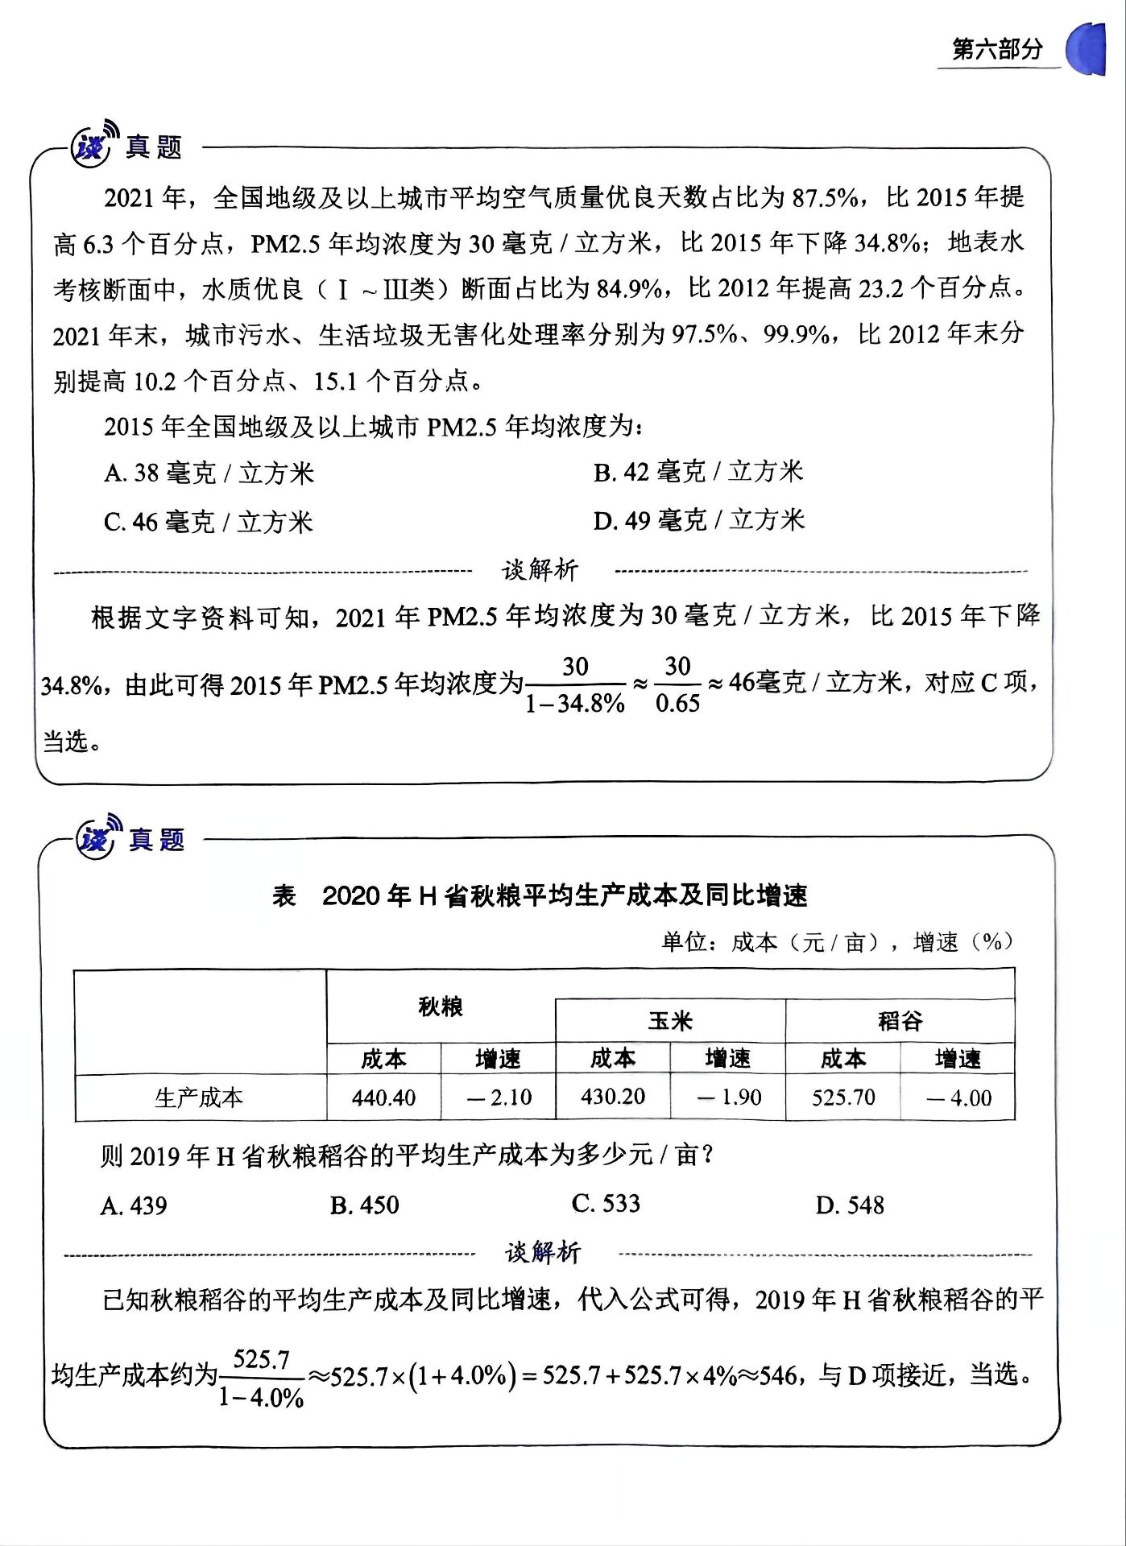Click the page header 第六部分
point(997,49)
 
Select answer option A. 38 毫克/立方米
point(209,473)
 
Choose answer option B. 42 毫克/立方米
point(698,472)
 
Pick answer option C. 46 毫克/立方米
point(208,522)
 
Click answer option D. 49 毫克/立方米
point(699,520)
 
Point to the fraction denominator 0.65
point(677,703)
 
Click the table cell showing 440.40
point(383,1097)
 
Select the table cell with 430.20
point(613,1097)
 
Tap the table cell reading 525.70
point(843,1097)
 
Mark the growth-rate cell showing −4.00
point(958,1097)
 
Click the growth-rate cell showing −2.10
point(499,1097)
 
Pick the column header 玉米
point(670,1021)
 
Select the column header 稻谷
point(900,1021)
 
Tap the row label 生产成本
point(199,1097)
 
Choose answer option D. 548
point(850,1205)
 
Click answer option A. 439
point(134,1205)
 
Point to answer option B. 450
point(364,1205)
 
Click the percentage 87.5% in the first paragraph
point(825,197)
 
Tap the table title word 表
point(284,895)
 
